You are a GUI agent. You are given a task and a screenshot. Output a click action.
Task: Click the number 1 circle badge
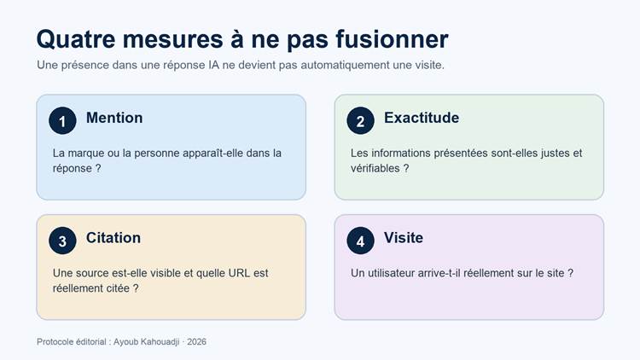pyautogui.click(x=62, y=121)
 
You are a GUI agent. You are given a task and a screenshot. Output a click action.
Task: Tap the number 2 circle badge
pyautogui.click(x=360, y=121)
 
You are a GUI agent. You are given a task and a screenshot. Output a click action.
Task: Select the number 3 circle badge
pyautogui.click(x=62, y=241)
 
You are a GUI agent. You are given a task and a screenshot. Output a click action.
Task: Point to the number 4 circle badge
pyautogui.click(x=360, y=241)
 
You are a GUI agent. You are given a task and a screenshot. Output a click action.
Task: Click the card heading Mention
pyautogui.click(x=114, y=118)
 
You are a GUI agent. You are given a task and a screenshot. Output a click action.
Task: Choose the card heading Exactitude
pyautogui.click(x=422, y=118)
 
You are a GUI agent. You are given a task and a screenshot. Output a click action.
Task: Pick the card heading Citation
pyautogui.click(x=113, y=238)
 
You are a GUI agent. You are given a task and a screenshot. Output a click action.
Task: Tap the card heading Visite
pyautogui.click(x=404, y=238)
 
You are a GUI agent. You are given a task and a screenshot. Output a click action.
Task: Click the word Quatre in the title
pyautogui.click(x=76, y=39)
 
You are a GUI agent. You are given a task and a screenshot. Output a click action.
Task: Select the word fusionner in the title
pyautogui.click(x=393, y=39)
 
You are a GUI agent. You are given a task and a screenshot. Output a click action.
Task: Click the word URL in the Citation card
pyautogui.click(x=239, y=273)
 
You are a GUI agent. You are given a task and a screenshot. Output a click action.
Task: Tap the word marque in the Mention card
pyautogui.click(x=85, y=154)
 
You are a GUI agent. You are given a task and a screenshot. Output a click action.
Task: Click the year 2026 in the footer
pyautogui.click(x=196, y=342)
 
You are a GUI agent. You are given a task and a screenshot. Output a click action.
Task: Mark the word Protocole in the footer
pyautogui.click(x=54, y=342)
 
